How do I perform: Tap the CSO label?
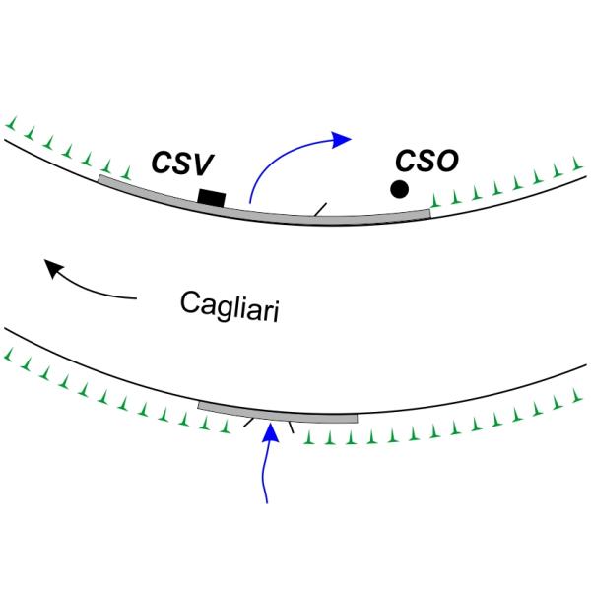[x=426, y=160]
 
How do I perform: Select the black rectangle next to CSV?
[x=211, y=198]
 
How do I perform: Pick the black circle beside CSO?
[x=399, y=189]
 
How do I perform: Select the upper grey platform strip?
[x=266, y=208]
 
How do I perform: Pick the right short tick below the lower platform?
[x=292, y=427]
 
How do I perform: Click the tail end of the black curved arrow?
[x=135, y=295]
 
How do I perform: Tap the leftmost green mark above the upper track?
[x=11, y=125]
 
